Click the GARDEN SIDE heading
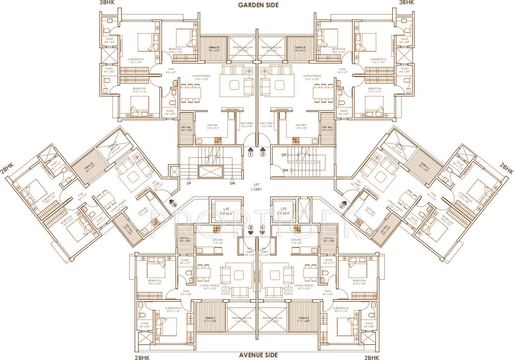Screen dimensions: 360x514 pyautogui.click(x=257, y=5)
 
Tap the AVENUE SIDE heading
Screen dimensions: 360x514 pyautogui.click(x=257, y=355)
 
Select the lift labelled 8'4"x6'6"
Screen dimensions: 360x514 pyautogui.click(x=227, y=210)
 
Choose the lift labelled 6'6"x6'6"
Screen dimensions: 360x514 pyautogui.click(x=284, y=210)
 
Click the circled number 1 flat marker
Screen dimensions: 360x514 pyautogui.click(x=250, y=154)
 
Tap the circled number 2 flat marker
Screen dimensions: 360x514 pyautogui.click(x=263, y=154)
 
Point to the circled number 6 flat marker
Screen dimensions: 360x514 pyautogui.click(x=174, y=204)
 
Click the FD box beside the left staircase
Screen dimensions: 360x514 pyautogui.click(x=174, y=172)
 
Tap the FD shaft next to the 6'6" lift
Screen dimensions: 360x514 pyautogui.click(x=304, y=210)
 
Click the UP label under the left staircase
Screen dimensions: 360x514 pyautogui.click(x=189, y=183)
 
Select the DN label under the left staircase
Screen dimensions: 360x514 pyautogui.click(x=232, y=183)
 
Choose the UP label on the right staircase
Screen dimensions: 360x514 pyautogui.click(x=284, y=154)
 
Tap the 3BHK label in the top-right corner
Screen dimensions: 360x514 pyautogui.click(x=406, y=3)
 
